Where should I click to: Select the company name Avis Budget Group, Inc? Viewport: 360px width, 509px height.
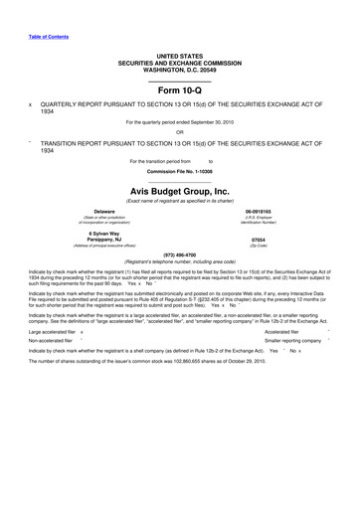pos(180,191)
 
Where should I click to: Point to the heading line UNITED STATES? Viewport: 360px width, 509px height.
pos(179,57)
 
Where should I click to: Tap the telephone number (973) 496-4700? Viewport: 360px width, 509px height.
pos(180,254)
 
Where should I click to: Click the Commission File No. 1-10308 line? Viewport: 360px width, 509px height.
pos(180,171)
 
